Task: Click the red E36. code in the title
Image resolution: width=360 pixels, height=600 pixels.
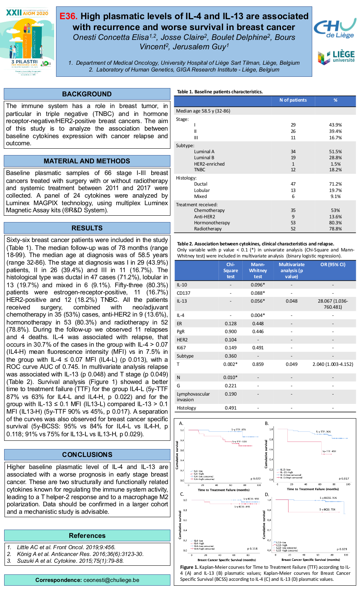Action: pyautogui.click(x=68, y=16)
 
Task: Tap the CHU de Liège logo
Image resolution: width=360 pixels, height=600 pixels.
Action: pyautogui.click(x=335, y=28)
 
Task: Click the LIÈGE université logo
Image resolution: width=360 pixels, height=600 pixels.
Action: pyautogui.click(x=336, y=57)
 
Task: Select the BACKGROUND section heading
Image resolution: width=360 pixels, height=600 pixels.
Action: pyautogui.click(x=87, y=94)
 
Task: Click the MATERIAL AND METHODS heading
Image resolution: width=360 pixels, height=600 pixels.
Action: pyautogui.click(x=87, y=161)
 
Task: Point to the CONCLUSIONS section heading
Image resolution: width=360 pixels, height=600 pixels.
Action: pyautogui.click(x=87, y=455)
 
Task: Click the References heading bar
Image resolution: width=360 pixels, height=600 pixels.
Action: pyautogui.click(x=87, y=536)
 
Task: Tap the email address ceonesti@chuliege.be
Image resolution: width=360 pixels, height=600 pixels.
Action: pyautogui.click(x=111, y=580)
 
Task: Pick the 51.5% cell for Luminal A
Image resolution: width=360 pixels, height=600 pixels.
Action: pyautogui.click(x=335, y=152)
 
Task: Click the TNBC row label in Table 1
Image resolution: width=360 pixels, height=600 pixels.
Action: pyautogui.click(x=199, y=170)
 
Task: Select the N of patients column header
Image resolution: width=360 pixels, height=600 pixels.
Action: pyautogui.click(x=293, y=100)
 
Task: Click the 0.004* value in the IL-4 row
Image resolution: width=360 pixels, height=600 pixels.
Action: pyautogui.click(x=258, y=315)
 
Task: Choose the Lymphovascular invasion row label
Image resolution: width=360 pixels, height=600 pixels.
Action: pyautogui.click(x=193, y=397)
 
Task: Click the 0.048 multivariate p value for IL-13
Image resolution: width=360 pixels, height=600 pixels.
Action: pyautogui.click(x=292, y=301)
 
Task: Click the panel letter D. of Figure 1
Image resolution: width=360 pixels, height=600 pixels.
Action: pyautogui.click(x=267, y=494)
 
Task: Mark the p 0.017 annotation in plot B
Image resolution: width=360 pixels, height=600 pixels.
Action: pyautogui.click(x=344, y=478)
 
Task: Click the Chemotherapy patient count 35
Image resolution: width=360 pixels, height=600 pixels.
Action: pyautogui.click(x=293, y=210)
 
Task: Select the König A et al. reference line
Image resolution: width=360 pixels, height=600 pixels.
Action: pyautogui.click(x=80, y=554)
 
